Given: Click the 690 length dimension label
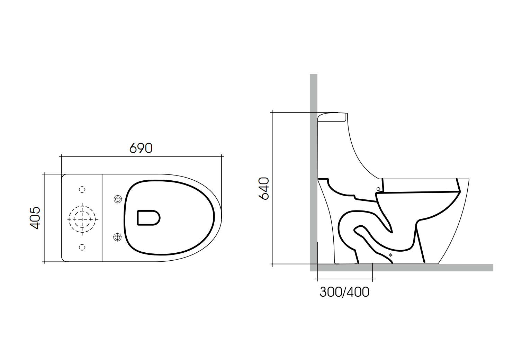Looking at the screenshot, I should click(x=141, y=148).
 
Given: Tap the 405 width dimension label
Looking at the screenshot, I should click(x=35, y=218).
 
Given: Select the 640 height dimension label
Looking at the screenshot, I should click(x=264, y=188).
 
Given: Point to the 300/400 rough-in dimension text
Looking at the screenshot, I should click(x=344, y=292).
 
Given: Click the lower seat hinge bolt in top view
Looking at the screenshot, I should click(x=118, y=237).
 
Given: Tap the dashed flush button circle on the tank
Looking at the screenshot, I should click(x=82, y=219).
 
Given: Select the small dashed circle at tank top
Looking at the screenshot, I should click(x=82, y=189).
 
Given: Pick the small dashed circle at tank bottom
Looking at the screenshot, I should click(x=82, y=247).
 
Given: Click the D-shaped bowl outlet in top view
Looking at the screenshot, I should click(x=148, y=218).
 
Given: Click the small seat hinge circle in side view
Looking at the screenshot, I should click(x=378, y=189).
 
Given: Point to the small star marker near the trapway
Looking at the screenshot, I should click(x=390, y=255).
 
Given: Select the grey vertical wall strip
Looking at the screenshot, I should click(x=314, y=156).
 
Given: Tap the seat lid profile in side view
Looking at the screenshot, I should click(x=421, y=186).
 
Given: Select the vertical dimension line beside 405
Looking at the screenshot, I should click(x=44, y=218).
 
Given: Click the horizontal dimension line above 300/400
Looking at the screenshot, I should click(x=345, y=279).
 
